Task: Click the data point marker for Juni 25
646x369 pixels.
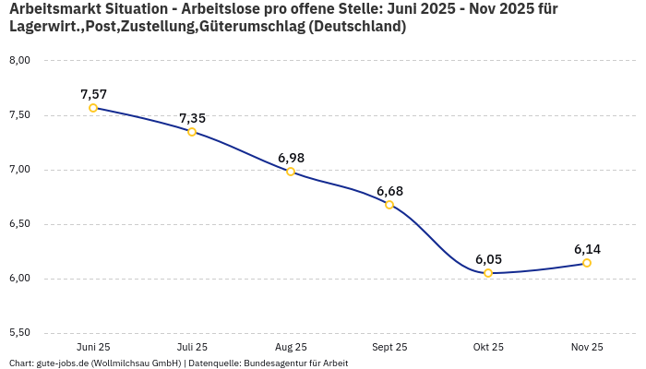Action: point(93,108)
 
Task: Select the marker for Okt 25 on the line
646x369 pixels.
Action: point(488,273)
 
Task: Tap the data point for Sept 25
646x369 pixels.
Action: point(389,205)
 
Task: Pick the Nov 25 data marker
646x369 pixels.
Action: point(587,263)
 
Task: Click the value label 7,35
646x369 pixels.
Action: point(192,118)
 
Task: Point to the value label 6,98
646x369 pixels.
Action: point(291,158)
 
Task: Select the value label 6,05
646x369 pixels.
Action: point(488,259)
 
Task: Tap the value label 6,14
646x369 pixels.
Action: point(587,249)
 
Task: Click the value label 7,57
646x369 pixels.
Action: point(93,94)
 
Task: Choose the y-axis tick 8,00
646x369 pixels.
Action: point(19,61)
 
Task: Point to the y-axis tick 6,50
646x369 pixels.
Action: point(19,224)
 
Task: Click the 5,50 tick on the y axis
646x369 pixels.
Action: point(19,333)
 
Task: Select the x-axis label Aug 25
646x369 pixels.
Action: point(291,347)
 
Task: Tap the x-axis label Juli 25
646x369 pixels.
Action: point(192,347)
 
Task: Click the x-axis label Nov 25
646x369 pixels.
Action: point(587,347)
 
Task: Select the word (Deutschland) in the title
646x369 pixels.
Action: point(357,27)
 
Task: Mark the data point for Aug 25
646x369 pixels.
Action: point(291,172)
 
